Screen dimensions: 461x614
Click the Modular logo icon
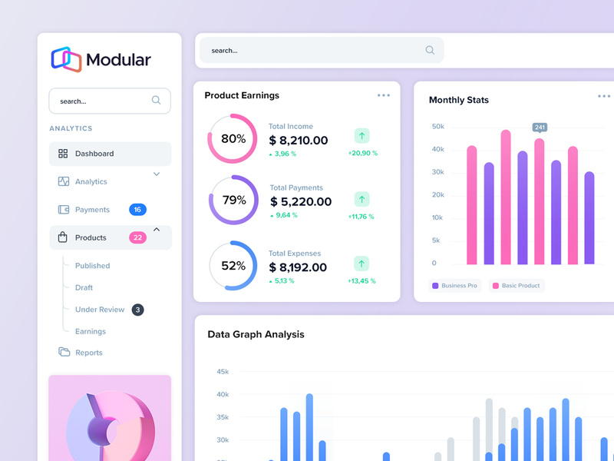coord(66,59)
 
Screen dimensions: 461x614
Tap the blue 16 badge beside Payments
coord(137,210)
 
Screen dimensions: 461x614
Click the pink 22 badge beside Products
coord(137,237)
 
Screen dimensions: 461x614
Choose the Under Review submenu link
coord(100,310)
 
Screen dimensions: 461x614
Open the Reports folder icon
coord(64,353)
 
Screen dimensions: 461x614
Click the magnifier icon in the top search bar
coord(430,51)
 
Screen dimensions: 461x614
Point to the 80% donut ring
coord(232,139)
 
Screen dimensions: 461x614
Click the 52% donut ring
coord(233,266)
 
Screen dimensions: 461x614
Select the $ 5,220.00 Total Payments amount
coord(301,202)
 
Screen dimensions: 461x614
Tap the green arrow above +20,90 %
coord(362,136)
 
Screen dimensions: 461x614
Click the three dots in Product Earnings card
coord(383,95)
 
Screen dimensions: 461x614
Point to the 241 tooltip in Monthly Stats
coord(540,128)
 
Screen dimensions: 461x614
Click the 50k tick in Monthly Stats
coord(437,126)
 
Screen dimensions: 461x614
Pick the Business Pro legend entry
coord(454,286)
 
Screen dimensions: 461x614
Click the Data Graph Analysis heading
coord(256,334)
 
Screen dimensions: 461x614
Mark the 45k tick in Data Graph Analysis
coord(222,372)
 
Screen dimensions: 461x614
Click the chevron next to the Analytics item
coord(157,174)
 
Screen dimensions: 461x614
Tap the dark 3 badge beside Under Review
coord(137,310)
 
